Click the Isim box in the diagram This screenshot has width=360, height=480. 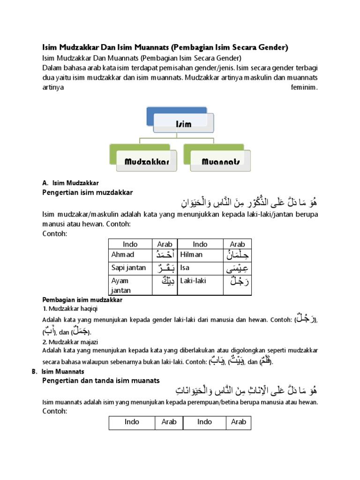[x=184, y=124]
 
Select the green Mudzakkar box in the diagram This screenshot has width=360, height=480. [x=146, y=162]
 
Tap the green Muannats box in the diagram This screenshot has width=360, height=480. [x=221, y=162]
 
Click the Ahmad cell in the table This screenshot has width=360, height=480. [x=123, y=255]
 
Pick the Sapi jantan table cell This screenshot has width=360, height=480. [x=129, y=268]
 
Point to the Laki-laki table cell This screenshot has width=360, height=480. [x=194, y=281]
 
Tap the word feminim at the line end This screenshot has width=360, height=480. [x=304, y=87]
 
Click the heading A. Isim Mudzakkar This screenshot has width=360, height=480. [x=70, y=183]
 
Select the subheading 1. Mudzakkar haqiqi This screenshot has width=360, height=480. [x=70, y=308]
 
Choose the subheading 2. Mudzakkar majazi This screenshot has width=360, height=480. [x=70, y=342]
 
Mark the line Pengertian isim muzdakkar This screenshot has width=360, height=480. [x=88, y=192]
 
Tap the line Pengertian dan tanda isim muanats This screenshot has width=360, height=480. [x=101, y=380]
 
